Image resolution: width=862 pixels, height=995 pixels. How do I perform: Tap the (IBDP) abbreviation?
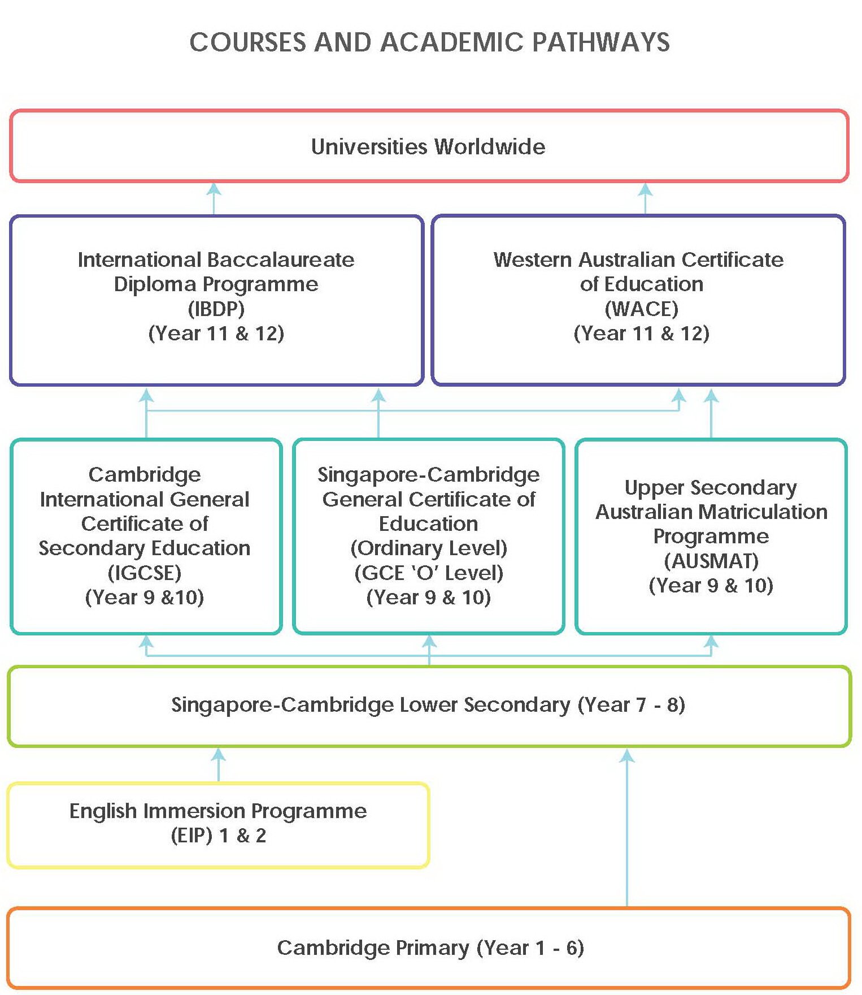coord(216,309)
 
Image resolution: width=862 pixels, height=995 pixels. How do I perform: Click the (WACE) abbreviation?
coord(641,309)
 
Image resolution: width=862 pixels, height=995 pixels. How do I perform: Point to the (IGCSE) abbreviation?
coord(145,573)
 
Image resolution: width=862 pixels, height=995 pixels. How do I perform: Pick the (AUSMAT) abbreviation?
coord(711,561)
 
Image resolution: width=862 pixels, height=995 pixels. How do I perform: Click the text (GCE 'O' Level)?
coord(429,573)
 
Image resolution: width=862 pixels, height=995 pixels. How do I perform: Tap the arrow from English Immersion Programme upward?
coord(219,764)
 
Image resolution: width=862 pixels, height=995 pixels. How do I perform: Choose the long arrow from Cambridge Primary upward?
coord(627,825)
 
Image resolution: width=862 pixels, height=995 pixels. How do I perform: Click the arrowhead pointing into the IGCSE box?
coord(146,641)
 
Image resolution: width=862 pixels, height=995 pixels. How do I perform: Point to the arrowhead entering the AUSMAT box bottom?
coord(711,641)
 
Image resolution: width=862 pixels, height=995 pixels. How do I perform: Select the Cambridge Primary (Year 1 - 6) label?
coord(430,948)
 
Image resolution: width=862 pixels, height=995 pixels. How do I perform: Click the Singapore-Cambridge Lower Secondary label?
coord(428,705)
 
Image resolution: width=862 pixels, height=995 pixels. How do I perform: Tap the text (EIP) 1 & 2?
coord(218,836)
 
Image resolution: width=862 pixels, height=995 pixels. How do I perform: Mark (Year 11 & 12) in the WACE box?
coord(641,333)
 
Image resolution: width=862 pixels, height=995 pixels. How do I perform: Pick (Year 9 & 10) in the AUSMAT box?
coord(711,585)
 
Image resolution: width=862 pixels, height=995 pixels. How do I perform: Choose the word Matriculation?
coord(763,512)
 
